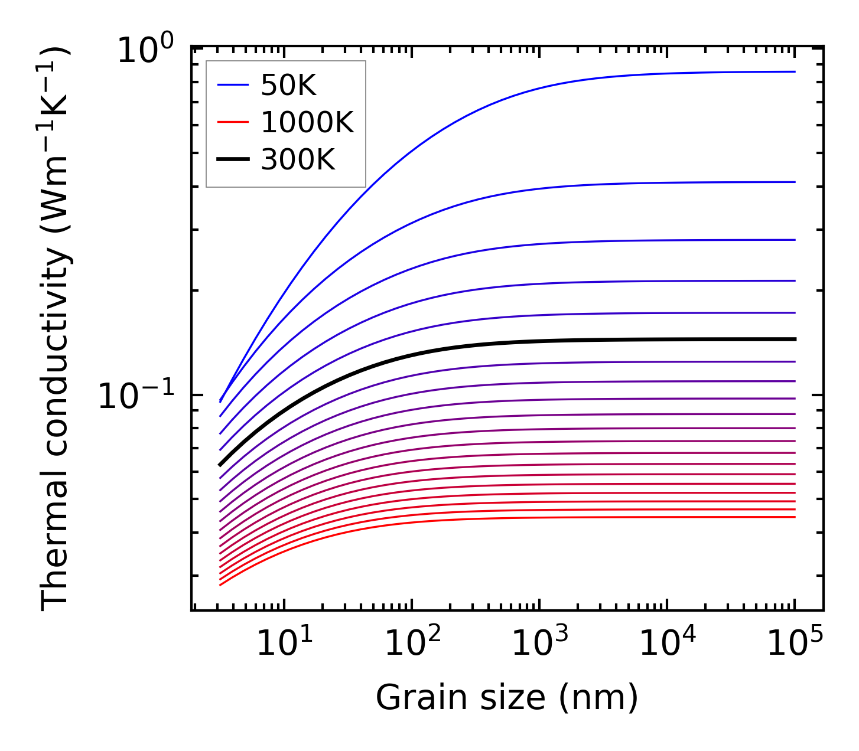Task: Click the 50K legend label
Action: click(289, 86)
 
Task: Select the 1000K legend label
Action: click(307, 123)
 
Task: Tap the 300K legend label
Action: click(298, 159)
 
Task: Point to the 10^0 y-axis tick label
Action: click(145, 51)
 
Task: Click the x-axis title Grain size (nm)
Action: click(507, 698)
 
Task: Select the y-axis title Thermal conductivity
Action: click(56, 328)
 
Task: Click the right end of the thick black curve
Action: click(795, 339)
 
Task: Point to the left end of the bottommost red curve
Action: click(220, 585)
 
